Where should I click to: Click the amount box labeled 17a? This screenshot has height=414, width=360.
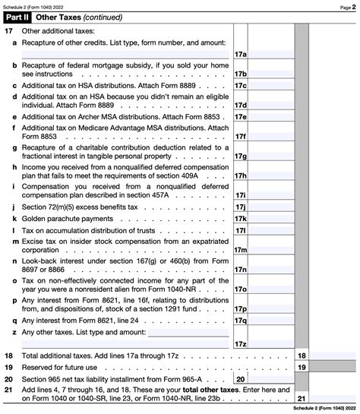point(240,55)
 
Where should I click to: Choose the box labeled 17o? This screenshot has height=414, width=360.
point(240,289)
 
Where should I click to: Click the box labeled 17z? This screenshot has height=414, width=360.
point(240,343)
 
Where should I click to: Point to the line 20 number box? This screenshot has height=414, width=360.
point(240,378)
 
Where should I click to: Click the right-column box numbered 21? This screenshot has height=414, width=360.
point(301,398)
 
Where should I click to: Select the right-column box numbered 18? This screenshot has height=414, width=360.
point(301,356)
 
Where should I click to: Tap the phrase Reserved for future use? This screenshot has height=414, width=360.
point(65,367)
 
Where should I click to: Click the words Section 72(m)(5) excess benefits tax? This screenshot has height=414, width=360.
point(80,206)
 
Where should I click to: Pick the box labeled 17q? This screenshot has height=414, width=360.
point(240,320)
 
